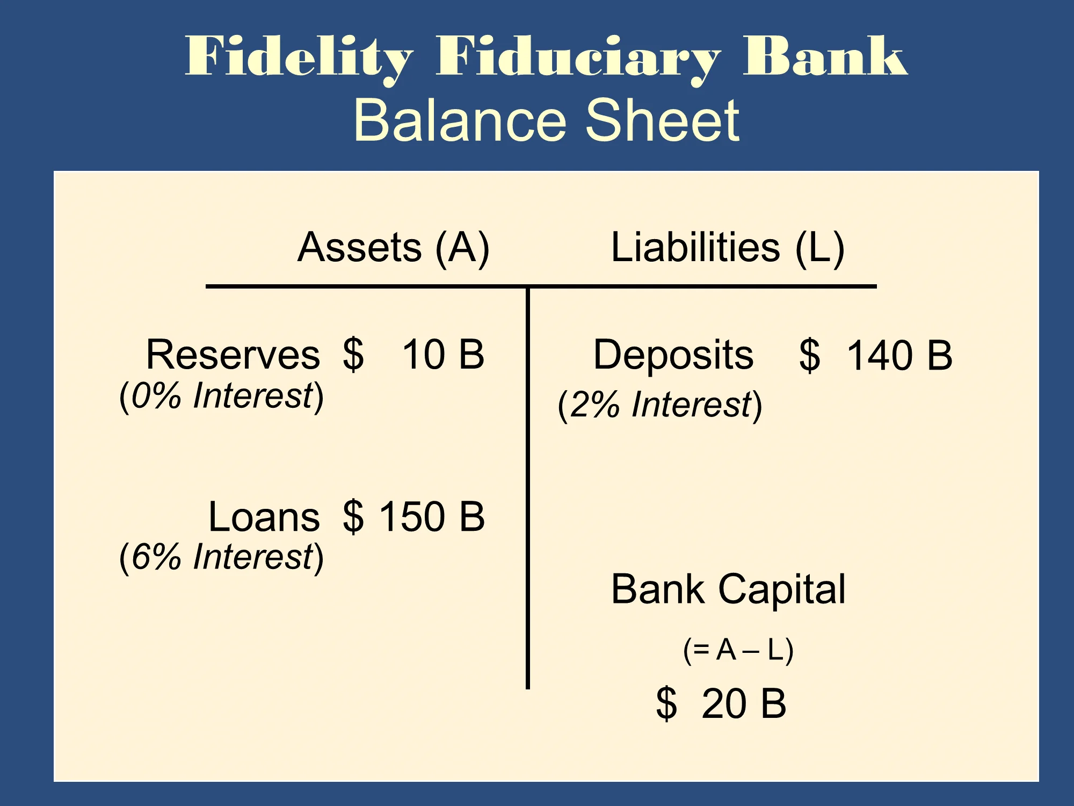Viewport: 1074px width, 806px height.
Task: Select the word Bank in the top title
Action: (825, 55)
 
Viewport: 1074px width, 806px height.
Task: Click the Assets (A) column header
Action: (394, 248)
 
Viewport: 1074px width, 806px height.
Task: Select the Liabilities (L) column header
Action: (728, 248)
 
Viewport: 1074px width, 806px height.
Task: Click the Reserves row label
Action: (233, 355)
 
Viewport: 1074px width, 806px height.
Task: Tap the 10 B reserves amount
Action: (444, 355)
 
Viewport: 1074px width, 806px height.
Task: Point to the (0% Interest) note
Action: (221, 397)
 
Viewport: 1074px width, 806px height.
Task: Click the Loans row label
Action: (264, 517)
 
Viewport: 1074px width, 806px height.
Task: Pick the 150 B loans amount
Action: (433, 517)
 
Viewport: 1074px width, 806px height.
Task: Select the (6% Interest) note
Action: (221, 557)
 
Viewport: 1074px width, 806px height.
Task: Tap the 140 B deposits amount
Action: (899, 356)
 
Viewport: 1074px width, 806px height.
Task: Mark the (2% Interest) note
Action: (660, 405)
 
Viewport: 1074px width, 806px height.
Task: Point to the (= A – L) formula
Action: (738, 650)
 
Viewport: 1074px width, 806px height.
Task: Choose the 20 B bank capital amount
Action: (744, 704)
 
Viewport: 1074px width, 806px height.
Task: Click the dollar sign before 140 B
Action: (810, 356)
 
